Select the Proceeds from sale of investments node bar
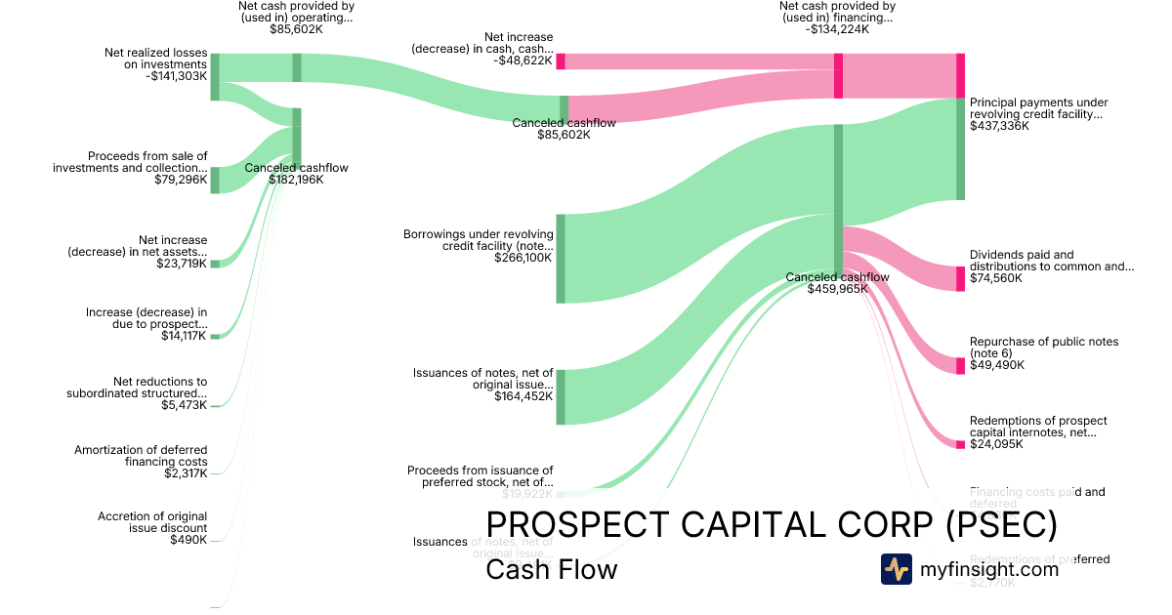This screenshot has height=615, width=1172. click(215, 180)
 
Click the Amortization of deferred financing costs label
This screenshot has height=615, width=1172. click(141, 456)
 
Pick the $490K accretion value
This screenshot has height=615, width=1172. click(188, 540)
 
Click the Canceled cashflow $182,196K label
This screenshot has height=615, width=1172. click(296, 174)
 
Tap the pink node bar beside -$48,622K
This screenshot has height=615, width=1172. click(561, 61)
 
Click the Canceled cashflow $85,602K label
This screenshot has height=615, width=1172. click(564, 129)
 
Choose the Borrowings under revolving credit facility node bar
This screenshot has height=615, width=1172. click(561, 259)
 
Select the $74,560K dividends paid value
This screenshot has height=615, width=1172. click(996, 278)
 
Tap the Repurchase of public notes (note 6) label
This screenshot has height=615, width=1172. click(1043, 348)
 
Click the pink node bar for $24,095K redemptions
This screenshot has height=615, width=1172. click(960, 444)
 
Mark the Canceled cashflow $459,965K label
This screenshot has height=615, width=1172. click(837, 283)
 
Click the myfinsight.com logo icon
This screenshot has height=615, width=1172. click(896, 569)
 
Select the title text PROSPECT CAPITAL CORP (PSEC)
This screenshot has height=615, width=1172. click(772, 525)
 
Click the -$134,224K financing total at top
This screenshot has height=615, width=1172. click(837, 29)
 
